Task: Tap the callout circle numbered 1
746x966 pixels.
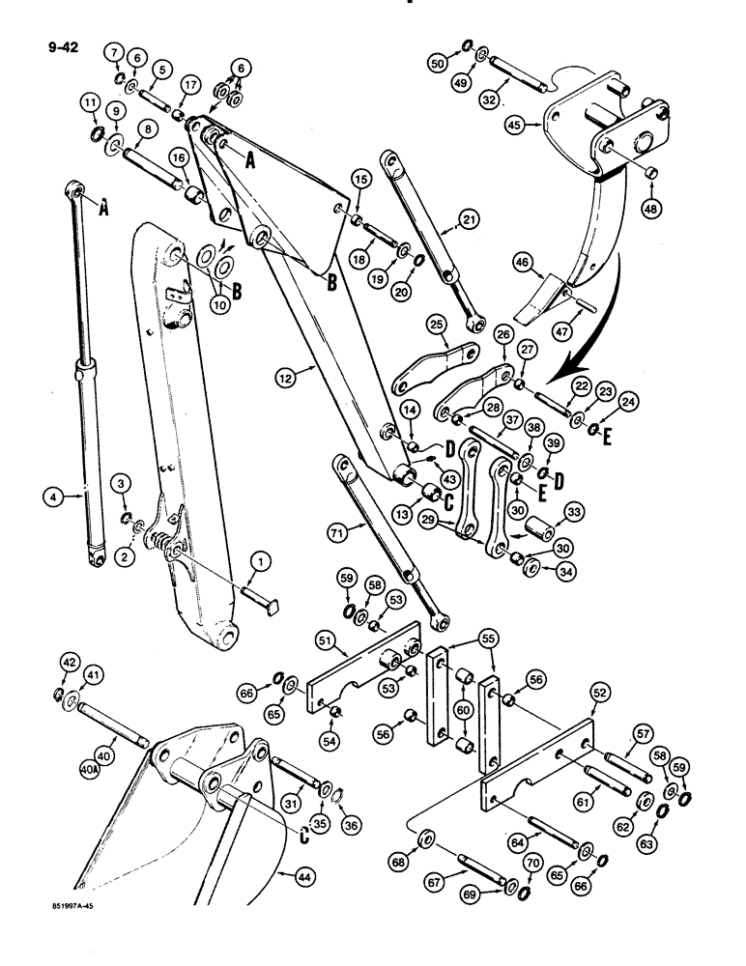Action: point(259,561)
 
